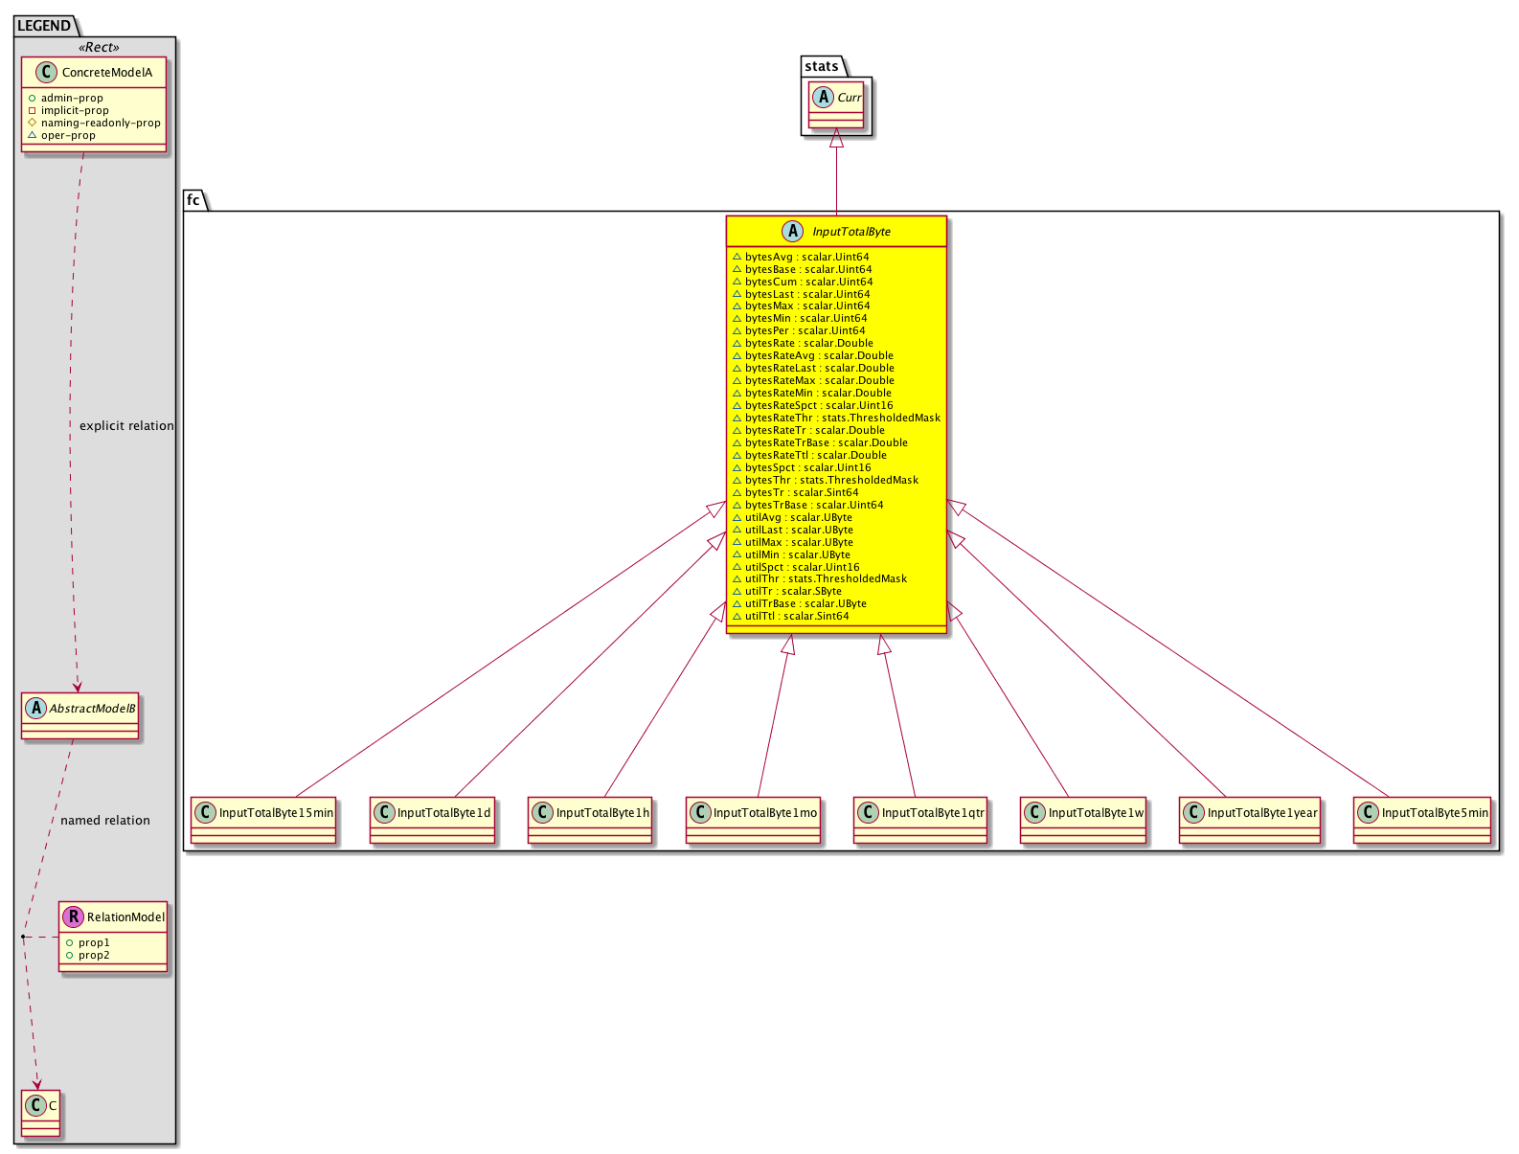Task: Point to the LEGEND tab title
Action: pyautogui.click(x=44, y=26)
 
